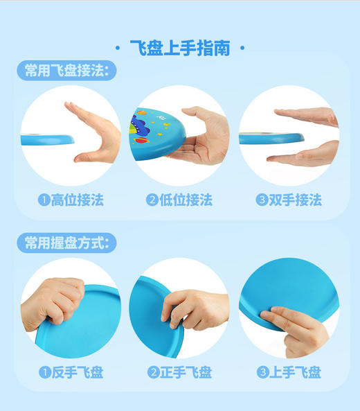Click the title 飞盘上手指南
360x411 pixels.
[x=179, y=49]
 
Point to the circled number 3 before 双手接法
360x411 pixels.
[x=262, y=200]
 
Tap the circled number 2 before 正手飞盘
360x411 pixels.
[x=152, y=373]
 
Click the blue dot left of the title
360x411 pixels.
[x=120, y=49]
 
